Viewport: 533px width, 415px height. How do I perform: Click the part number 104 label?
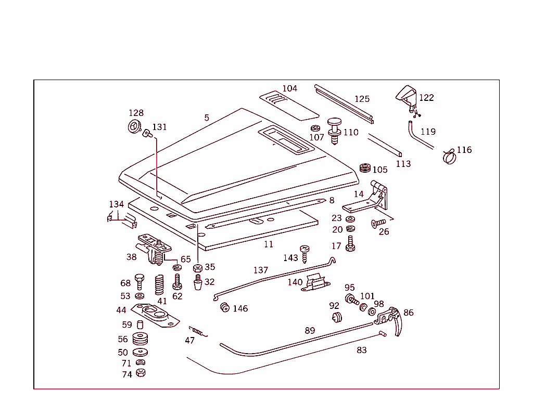[x=290, y=88]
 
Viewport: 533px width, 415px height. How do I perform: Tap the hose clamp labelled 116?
[x=449, y=155]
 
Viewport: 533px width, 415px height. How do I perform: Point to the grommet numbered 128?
[x=134, y=126]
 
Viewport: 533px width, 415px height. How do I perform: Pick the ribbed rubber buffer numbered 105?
[x=365, y=169]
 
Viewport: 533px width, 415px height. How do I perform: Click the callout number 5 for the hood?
[x=207, y=118]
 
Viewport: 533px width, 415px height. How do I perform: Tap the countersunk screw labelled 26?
[x=374, y=224]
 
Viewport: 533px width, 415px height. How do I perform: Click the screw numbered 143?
[x=304, y=253]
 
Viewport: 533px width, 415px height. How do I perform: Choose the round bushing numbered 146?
[x=225, y=307]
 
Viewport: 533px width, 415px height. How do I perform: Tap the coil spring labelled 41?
[x=160, y=285]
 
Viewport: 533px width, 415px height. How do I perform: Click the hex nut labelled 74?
[x=140, y=373]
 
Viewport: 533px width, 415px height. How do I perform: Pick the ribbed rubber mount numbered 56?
[x=139, y=339]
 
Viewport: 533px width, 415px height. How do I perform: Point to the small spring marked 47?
[x=198, y=331]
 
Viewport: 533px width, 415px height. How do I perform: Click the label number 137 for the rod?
[x=261, y=270]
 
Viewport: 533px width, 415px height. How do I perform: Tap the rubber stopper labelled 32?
[x=197, y=284]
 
